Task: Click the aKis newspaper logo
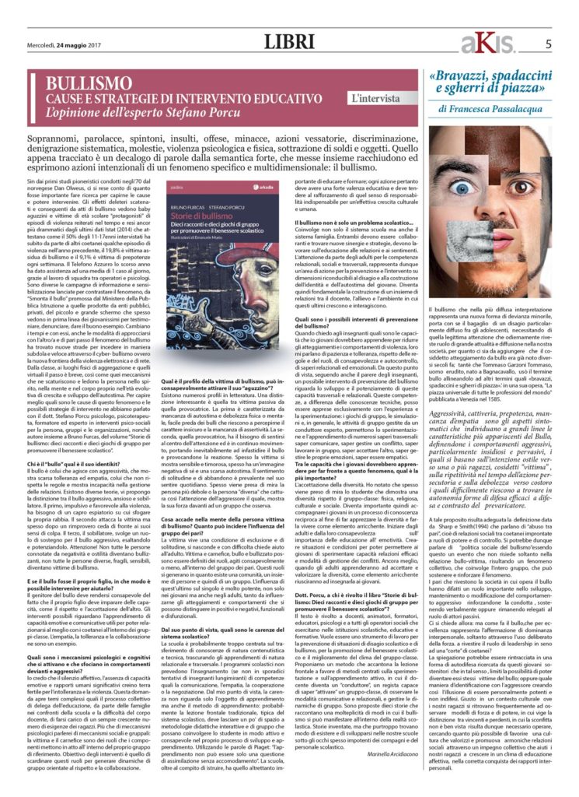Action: pyautogui.click(x=484, y=44)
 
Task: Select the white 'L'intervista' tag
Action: pyautogui.click(x=375, y=99)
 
